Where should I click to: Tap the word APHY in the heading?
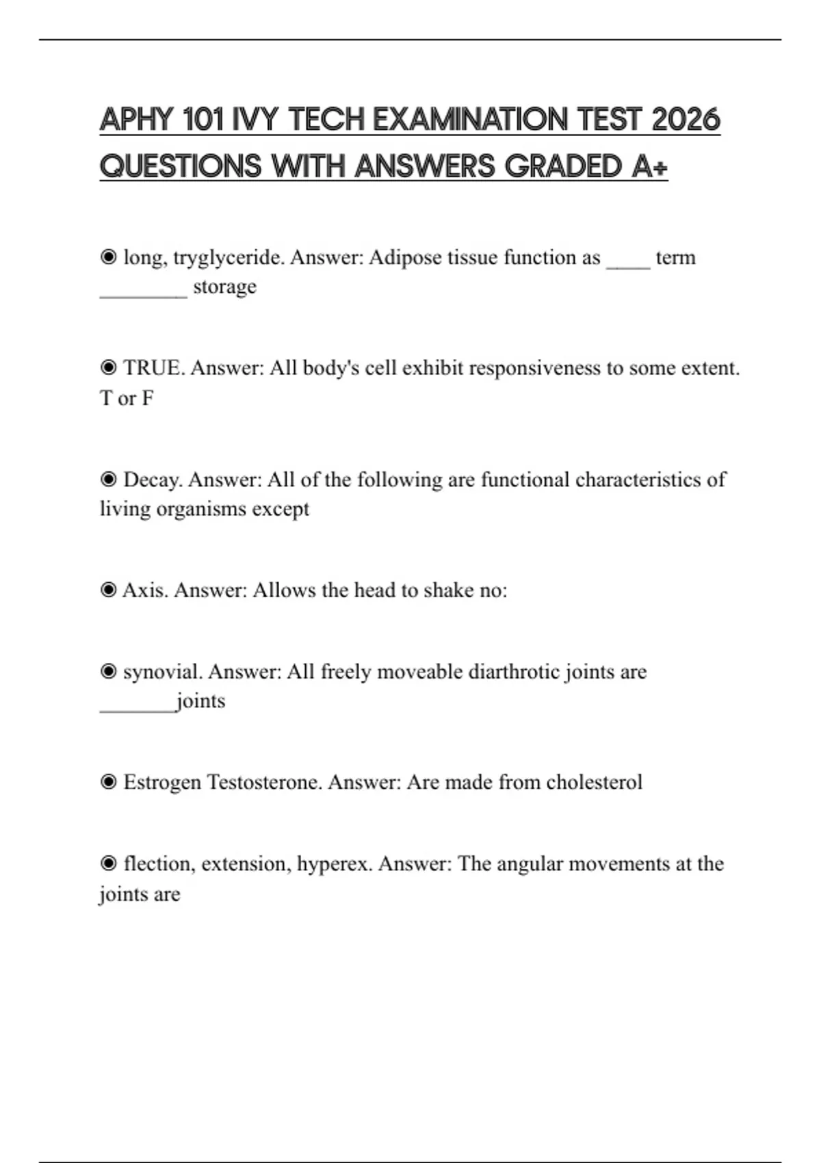click(x=136, y=120)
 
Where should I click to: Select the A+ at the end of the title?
click(x=649, y=166)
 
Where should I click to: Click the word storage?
click(x=224, y=287)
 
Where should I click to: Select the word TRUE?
click(x=153, y=368)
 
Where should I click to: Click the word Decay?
click(x=153, y=480)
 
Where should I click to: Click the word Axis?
click(x=145, y=590)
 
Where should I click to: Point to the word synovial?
click(x=163, y=672)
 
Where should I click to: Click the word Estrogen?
click(x=162, y=782)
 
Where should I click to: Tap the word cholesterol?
click(x=594, y=782)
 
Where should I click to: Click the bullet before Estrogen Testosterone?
click(x=108, y=782)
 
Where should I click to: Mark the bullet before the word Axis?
click(x=108, y=590)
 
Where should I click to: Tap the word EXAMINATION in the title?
click(x=471, y=120)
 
